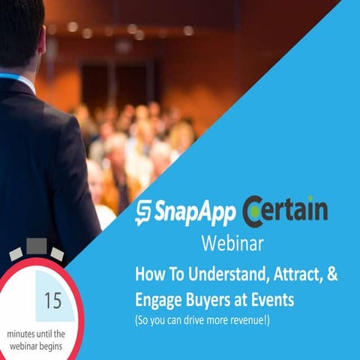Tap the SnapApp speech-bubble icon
pos(143,214)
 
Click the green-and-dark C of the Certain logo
pos(253,211)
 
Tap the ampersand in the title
pos(331,275)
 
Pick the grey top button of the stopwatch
pos(37,246)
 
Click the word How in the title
pos(149,275)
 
